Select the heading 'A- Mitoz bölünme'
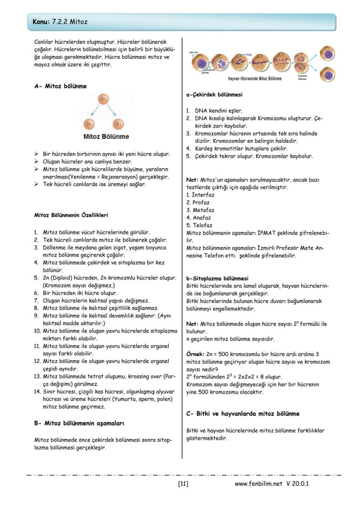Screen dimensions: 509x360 pyautogui.click(x=60, y=86)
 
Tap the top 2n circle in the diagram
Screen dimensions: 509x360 pyautogui.click(x=103, y=100)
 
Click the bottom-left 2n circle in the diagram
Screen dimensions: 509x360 pyautogui.click(x=89, y=124)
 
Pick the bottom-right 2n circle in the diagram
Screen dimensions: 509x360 pyautogui.click(x=118, y=124)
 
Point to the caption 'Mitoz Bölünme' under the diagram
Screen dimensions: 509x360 pyautogui.click(x=106, y=136)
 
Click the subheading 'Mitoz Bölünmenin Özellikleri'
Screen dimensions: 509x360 pyautogui.click(x=71, y=215)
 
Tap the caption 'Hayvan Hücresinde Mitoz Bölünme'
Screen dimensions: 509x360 pyautogui.click(x=254, y=79)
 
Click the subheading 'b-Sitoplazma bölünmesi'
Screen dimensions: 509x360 pyautogui.click(x=217, y=278)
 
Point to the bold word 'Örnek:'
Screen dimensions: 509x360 pyautogui.click(x=195, y=354)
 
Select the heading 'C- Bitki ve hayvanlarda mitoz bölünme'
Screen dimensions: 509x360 pyautogui.click(x=243, y=413)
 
